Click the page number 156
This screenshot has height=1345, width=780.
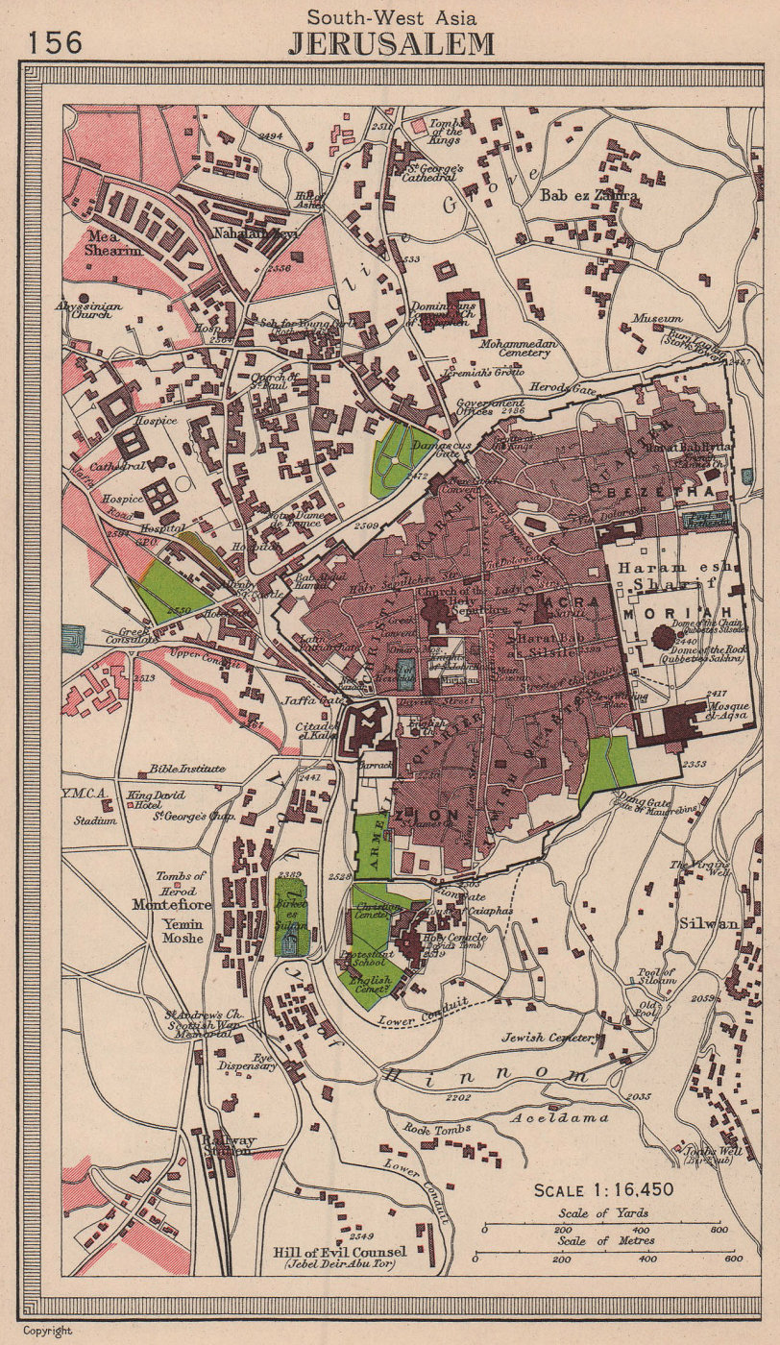click(x=55, y=43)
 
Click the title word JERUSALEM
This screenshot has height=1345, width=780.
click(x=392, y=44)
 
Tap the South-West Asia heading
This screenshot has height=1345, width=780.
click(x=391, y=16)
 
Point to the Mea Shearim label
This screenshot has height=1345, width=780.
click(x=112, y=242)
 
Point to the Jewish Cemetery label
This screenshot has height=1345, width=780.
click(x=548, y=1038)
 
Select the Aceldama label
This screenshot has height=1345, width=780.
click(x=573, y=1118)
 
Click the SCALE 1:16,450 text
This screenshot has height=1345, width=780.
click(x=603, y=1190)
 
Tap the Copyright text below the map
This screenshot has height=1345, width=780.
click(x=48, y=1332)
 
